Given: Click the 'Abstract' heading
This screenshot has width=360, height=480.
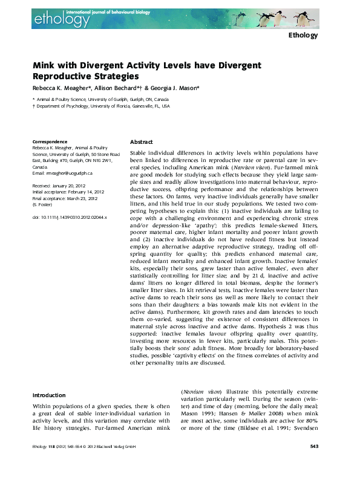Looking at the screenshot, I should click(x=142, y=141).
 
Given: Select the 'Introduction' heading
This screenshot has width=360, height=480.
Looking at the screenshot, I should click(x=50, y=395).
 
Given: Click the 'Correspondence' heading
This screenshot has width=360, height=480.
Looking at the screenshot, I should click(x=50, y=141).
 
